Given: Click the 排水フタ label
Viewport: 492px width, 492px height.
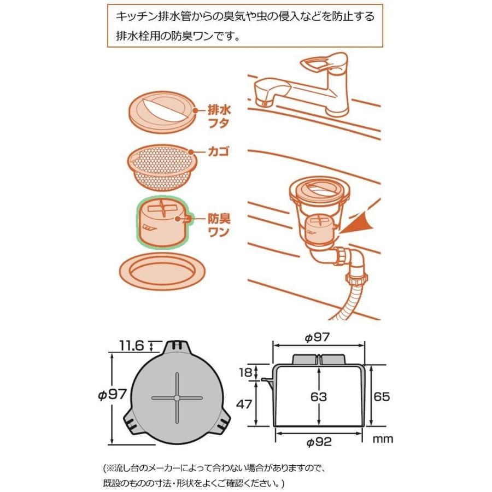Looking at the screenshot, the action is tap(219, 116).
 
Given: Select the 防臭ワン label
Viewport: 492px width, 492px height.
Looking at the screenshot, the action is tap(218, 225).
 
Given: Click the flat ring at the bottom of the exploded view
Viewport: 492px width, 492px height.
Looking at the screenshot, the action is tap(162, 269).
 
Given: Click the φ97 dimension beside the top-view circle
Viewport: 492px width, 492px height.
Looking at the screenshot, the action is tap(112, 395).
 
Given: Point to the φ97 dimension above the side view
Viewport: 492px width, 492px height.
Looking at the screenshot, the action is tap(318, 338).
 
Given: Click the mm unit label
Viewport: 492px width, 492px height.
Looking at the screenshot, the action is tap(384, 439).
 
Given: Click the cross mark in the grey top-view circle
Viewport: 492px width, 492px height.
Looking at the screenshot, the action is tap(177, 397).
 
